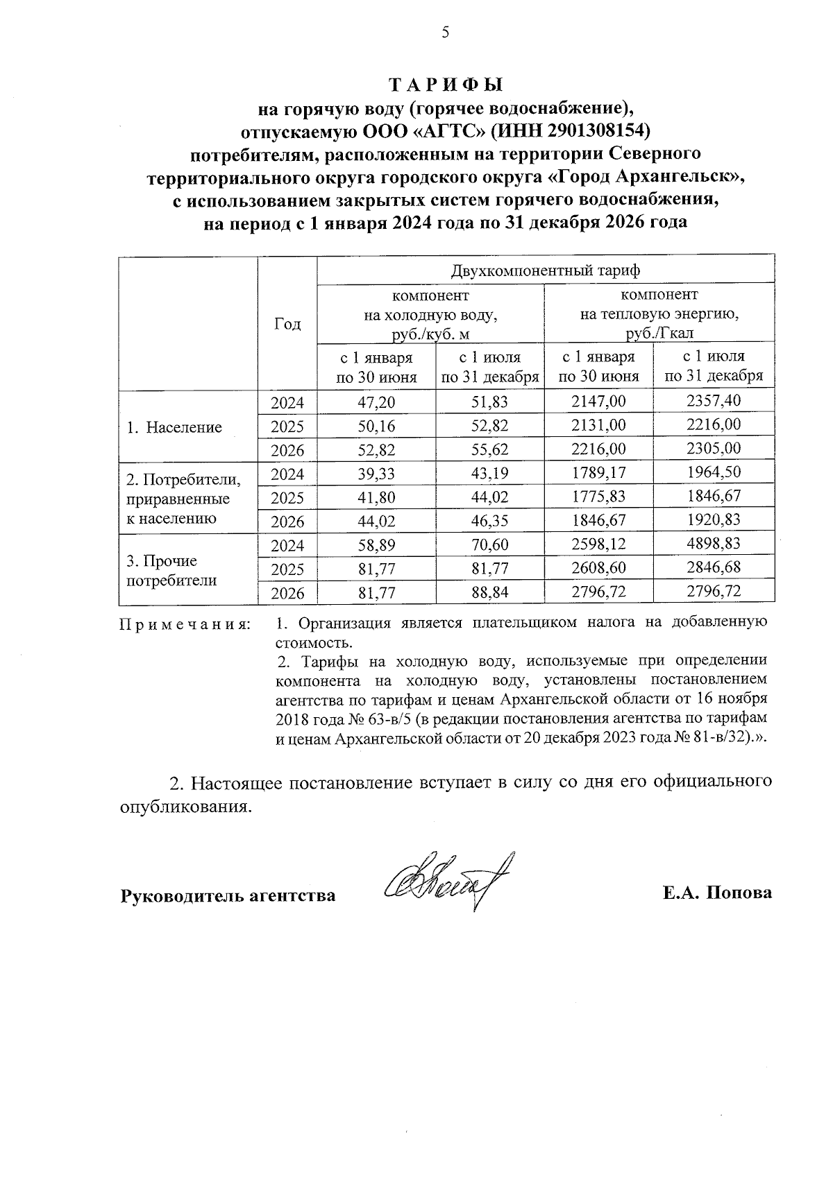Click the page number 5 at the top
coord(445,33)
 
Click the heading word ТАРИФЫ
coord(445,85)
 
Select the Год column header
coord(287,324)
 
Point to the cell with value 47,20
coord(376,402)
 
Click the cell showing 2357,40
coord(713,401)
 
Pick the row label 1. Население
coord(174,427)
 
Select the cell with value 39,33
coord(376,473)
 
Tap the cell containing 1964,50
coord(713,472)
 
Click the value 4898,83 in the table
coord(713,544)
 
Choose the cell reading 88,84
coord(489,592)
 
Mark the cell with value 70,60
coord(489,545)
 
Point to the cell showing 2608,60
coord(598,568)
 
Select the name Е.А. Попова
coord(717,893)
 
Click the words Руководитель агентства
coord(228,895)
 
